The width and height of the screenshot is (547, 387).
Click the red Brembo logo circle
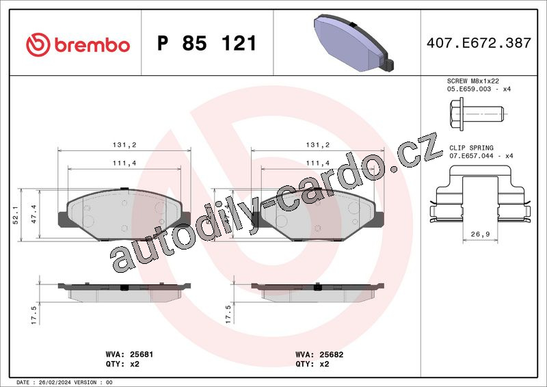pyautogui.click(x=38, y=44)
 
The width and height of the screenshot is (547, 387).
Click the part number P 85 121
pyautogui.click(x=207, y=43)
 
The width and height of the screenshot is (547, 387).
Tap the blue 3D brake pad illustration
pyautogui.click(x=353, y=43)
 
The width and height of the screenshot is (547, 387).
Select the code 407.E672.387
pyautogui.click(x=479, y=43)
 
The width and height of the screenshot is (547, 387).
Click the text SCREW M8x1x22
pyautogui.click(x=473, y=81)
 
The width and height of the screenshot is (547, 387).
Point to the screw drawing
pyautogui.click(x=477, y=114)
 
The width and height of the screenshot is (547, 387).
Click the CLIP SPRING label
pyautogui.click(x=471, y=148)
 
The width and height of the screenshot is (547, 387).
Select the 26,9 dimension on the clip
pyautogui.click(x=481, y=234)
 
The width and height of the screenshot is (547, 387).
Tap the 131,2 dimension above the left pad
pyautogui.click(x=124, y=145)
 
